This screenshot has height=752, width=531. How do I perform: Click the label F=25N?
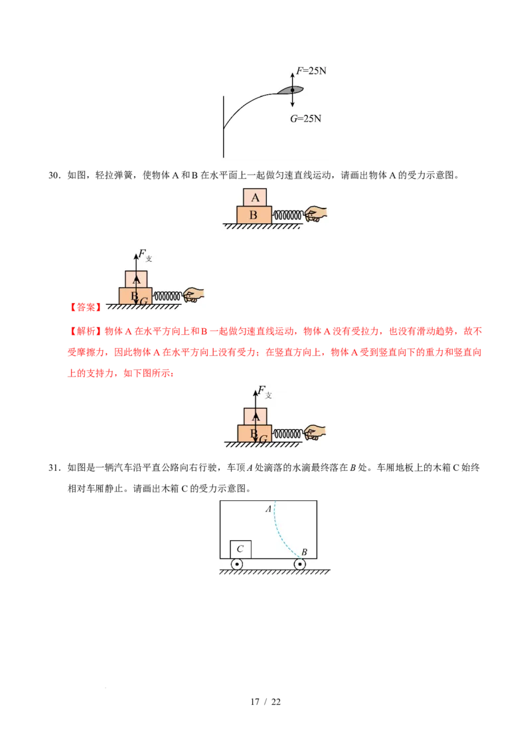311,71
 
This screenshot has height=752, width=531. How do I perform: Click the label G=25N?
305,118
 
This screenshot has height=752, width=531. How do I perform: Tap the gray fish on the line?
291,90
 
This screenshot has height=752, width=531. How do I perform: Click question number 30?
54,175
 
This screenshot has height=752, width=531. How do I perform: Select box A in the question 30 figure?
255,197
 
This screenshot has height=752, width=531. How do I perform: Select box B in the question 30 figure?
254,215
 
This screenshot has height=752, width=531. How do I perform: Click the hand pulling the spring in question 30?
315,214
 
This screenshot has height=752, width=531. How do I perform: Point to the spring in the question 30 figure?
287,216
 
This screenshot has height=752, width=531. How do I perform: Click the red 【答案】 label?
86,307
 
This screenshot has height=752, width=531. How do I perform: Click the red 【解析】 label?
86,331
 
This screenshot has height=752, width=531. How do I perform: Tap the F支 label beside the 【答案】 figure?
145,254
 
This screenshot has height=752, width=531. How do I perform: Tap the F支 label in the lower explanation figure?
265,391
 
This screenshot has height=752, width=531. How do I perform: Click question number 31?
54,468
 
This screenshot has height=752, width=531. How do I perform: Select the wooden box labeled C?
240,549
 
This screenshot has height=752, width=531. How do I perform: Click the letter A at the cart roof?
268,509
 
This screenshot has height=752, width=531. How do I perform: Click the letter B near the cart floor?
304,552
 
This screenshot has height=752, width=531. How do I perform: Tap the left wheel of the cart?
237,564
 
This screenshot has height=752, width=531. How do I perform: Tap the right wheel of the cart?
300,564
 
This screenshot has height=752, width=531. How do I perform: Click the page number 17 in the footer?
255,702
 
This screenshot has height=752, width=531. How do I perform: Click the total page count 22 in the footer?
276,702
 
